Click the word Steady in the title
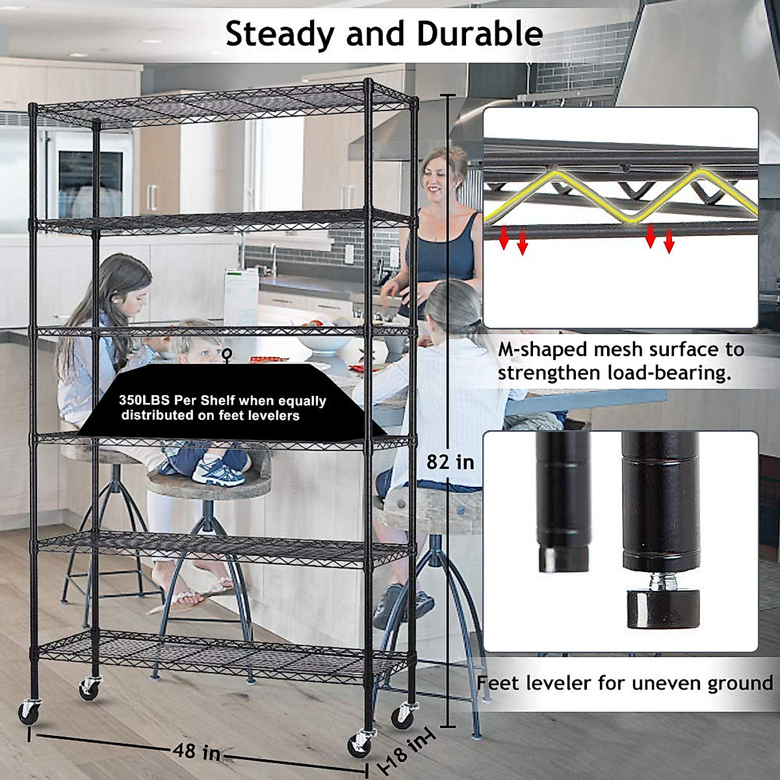(279, 34)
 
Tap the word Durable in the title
(480, 34)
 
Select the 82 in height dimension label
(450, 462)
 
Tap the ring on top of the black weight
(227, 354)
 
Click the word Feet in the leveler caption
(498, 683)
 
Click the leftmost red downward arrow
(503, 239)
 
